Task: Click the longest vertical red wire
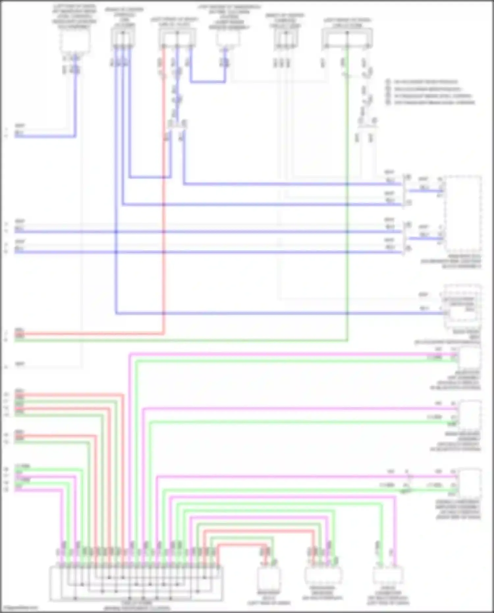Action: coord(163,198)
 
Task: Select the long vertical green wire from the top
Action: coord(347,198)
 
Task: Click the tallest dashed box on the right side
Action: coord(462,214)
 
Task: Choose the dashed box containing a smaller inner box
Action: coord(462,306)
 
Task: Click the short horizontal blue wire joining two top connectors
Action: coord(207,81)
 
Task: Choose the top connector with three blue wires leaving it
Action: coord(123,38)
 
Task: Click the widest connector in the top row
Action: coord(347,38)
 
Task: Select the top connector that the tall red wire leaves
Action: coord(177,38)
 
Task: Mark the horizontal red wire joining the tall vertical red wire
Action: coord(89,334)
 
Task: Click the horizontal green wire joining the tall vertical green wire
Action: coord(181,340)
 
